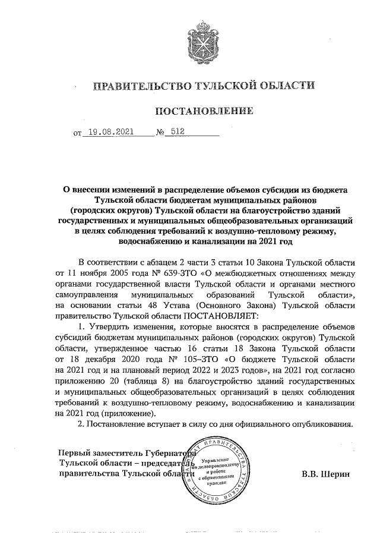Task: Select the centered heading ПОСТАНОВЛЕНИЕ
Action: point(204,111)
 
